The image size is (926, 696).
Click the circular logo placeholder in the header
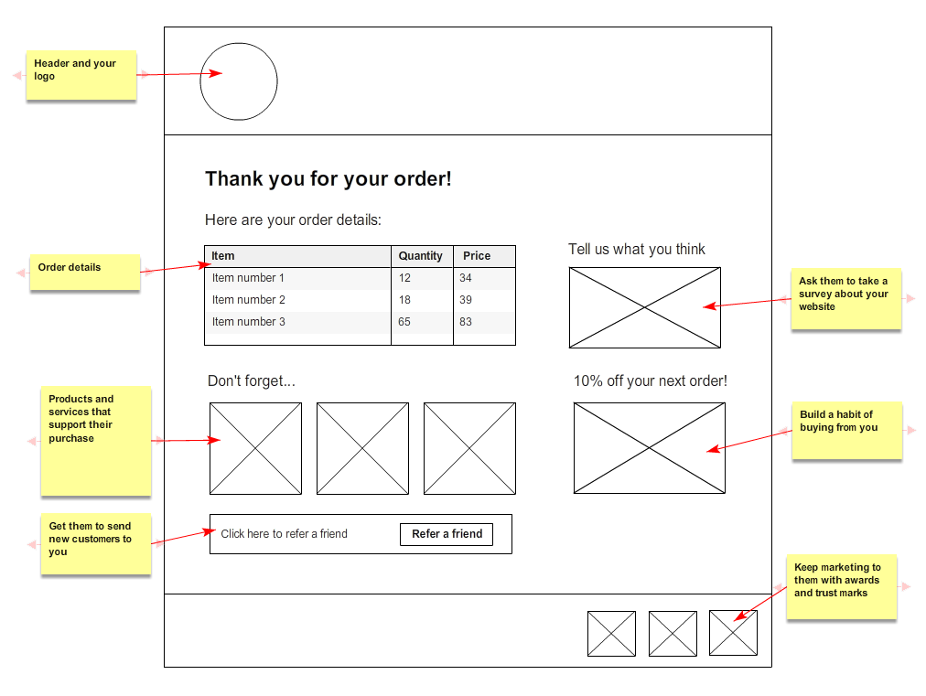click(238, 81)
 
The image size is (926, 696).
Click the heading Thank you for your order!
click(328, 178)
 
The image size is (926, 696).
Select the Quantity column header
click(420, 256)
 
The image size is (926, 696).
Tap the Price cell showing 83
click(466, 322)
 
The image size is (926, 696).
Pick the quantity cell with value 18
click(404, 300)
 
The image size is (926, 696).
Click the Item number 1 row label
click(248, 278)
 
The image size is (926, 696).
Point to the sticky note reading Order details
click(84, 272)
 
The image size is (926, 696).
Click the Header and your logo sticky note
click(81, 74)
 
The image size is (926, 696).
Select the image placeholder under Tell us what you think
click(644, 307)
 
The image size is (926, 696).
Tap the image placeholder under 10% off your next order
click(649, 448)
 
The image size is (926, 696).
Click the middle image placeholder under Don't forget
click(362, 448)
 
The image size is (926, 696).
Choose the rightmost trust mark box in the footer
click(733, 633)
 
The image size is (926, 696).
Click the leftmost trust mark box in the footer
click(611, 633)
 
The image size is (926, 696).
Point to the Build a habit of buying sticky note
click(845, 430)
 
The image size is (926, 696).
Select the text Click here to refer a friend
click(284, 534)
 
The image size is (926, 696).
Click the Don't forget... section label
click(251, 381)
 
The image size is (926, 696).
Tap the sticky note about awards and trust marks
click(840, 587)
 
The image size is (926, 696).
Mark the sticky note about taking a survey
click(845, 298)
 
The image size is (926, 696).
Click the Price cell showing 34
click(466, 278)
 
